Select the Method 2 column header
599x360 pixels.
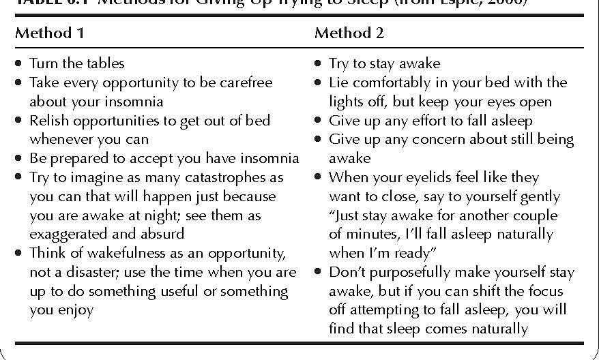coord(349,33)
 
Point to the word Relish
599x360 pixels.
coord(48,121)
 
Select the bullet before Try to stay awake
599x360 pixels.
coord(318,63)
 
